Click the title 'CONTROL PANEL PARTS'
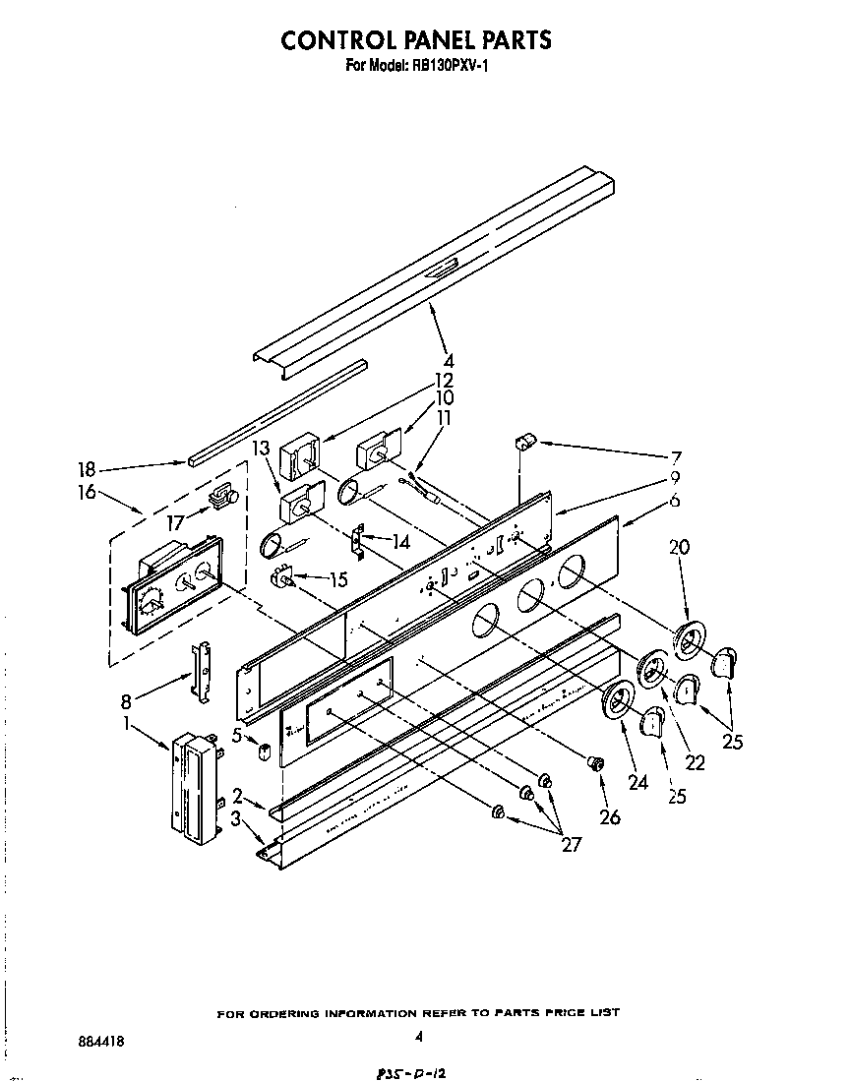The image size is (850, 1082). [x=416, y=39]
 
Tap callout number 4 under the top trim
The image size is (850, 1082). [x=448, y=360]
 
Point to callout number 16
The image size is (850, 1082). [x=88, y=492]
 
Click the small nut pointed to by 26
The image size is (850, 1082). [x=594, y=763]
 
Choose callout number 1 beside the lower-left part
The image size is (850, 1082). [x=128, y=724]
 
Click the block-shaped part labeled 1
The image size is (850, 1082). [x=193, y=788]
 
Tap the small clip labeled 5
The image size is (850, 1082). [x=264, y=752]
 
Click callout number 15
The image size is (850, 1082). [x=337, y=580]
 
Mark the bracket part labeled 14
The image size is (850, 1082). [x=359, y=540]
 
